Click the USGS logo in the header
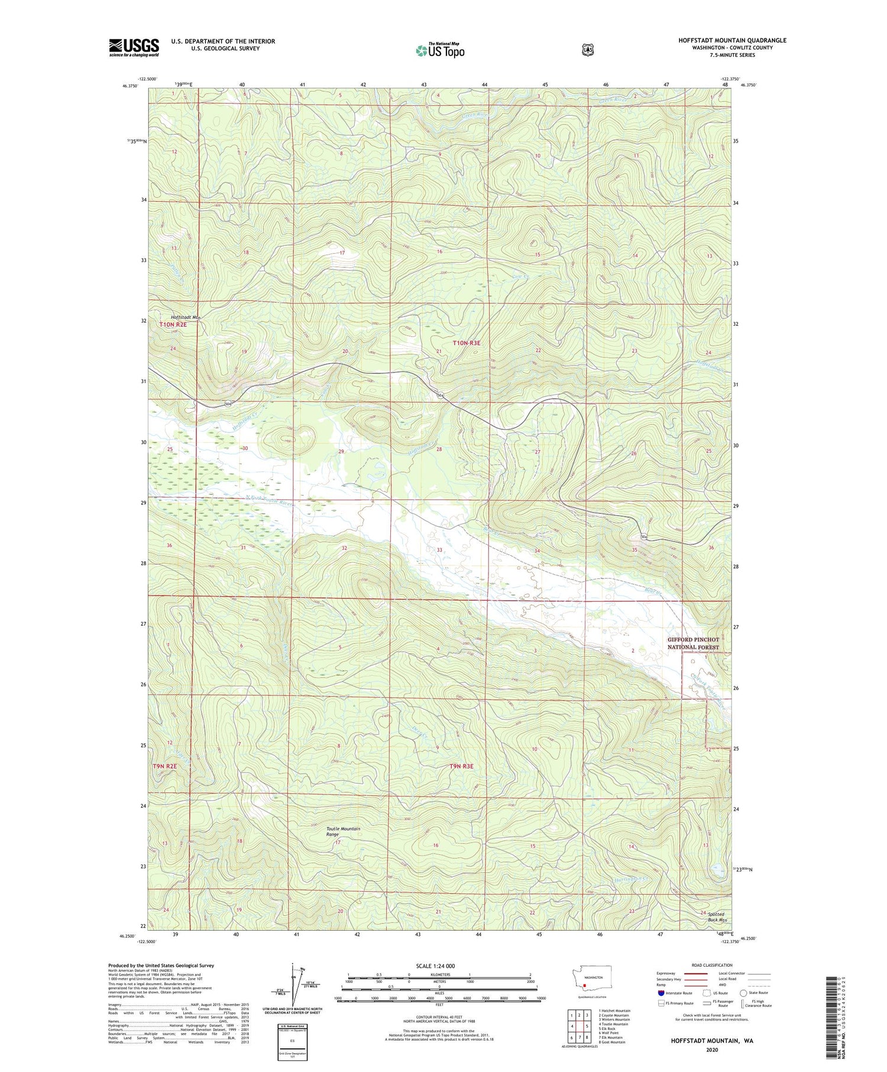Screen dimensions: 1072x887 coord(134,47)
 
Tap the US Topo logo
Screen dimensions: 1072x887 coord(440,50)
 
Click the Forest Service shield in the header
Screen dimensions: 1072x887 coord(587,50)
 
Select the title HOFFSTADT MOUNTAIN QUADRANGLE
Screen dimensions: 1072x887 coord(732,40)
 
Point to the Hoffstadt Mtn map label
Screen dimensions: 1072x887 coord(186,317)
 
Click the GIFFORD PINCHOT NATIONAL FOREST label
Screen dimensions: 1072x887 coord(693,643)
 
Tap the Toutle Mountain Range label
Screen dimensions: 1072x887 coord(343,831)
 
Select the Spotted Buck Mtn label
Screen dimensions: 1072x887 coord(716,917)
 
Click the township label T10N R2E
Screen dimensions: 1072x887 coord(173,325)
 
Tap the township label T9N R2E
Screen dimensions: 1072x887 coord(165,766)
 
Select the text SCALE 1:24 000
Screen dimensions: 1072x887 coord(435,966)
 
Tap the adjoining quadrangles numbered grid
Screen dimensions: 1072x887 coord(579,1024)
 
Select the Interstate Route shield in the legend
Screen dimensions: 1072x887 coord(661,993)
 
